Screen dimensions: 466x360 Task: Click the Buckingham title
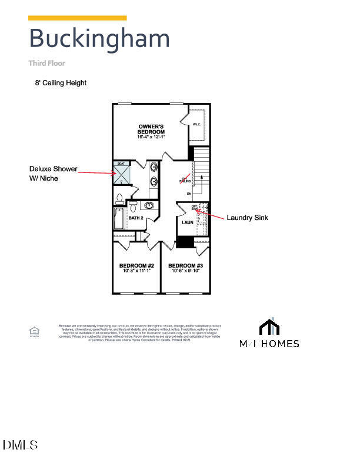pos(99,38)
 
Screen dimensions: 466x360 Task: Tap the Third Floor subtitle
pos(47,63)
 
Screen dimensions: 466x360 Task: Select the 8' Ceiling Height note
pos(61,83)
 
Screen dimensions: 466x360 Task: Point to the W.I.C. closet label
pos(197,124)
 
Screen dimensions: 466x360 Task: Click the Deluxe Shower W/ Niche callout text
pos(54,174)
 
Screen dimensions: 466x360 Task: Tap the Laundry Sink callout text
pos(247,218)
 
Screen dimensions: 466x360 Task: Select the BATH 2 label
pos(136,218)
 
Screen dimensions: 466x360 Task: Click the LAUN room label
pos(187,222)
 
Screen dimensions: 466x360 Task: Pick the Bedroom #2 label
pos(136,265)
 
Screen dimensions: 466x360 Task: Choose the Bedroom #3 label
pos(185,265)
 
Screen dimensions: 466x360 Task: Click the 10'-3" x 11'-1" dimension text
pos(136,271)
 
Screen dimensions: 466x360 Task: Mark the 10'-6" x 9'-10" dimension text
pos(185,271)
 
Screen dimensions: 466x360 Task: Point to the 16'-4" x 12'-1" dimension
pos(151,137)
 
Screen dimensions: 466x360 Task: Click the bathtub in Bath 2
pos(119,218)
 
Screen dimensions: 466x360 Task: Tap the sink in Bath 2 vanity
pos(149,206)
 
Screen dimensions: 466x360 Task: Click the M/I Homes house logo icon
pos(269,327)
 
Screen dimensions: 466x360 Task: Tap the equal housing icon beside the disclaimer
pos(34,332)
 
